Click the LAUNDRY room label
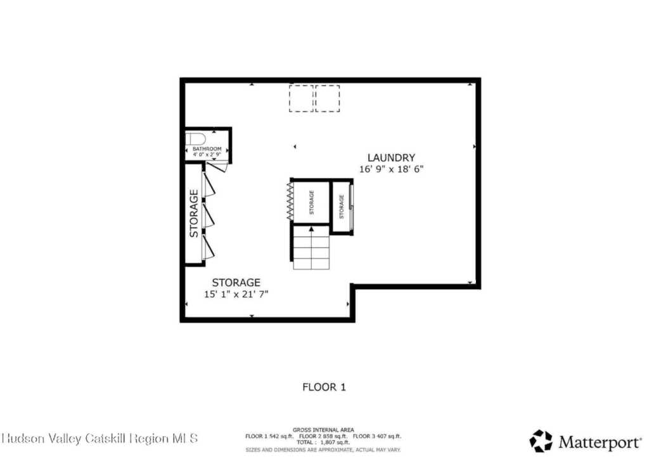391,158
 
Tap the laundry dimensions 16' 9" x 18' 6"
391,169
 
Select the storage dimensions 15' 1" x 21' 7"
236,294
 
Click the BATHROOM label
207,148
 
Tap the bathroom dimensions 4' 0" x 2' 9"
207,154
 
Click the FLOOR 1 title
324,387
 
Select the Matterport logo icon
541,441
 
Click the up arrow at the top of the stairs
311,228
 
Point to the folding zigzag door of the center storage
290,202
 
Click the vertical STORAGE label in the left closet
194,213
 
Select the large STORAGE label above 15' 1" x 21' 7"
236,283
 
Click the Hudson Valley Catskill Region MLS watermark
100,439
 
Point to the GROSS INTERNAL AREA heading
323,430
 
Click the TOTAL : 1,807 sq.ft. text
323,442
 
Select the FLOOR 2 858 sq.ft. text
323,436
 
